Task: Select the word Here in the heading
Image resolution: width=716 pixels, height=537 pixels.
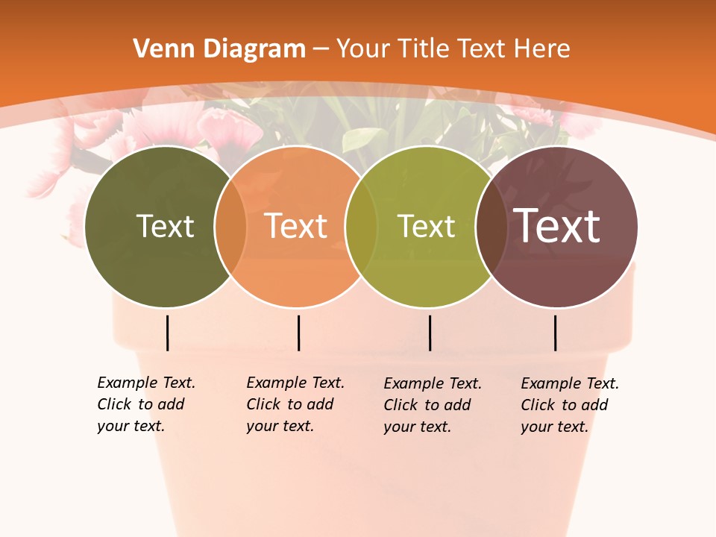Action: click(542, 49)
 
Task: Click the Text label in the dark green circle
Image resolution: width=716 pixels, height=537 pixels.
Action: click(165, 226)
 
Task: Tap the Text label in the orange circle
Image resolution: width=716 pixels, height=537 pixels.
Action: click(296, 226)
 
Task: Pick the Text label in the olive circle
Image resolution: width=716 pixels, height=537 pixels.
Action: click(426, 226)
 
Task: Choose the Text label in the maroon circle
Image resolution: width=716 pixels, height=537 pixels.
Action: click(557, 225)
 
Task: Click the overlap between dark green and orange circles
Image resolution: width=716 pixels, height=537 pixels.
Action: click(230, 227)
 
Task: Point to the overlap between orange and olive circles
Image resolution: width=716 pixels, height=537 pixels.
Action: click(361, 227)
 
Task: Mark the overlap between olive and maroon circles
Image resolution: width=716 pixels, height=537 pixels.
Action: click(492, 227)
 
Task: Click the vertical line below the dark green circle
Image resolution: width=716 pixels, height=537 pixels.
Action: click(168, 333)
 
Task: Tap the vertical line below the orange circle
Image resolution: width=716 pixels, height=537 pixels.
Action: click(298, 333)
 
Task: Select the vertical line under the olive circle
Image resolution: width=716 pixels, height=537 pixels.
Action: click(430, 333)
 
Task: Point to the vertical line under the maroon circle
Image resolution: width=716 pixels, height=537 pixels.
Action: click(556, 333)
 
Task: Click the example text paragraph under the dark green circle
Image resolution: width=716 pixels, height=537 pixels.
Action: click(146, 404)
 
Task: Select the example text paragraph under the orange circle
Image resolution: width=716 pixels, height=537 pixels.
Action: click(295, 404)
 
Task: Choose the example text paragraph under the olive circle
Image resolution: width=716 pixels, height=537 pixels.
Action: click(433, 405)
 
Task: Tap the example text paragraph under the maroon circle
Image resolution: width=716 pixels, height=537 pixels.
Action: click(570, 405)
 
